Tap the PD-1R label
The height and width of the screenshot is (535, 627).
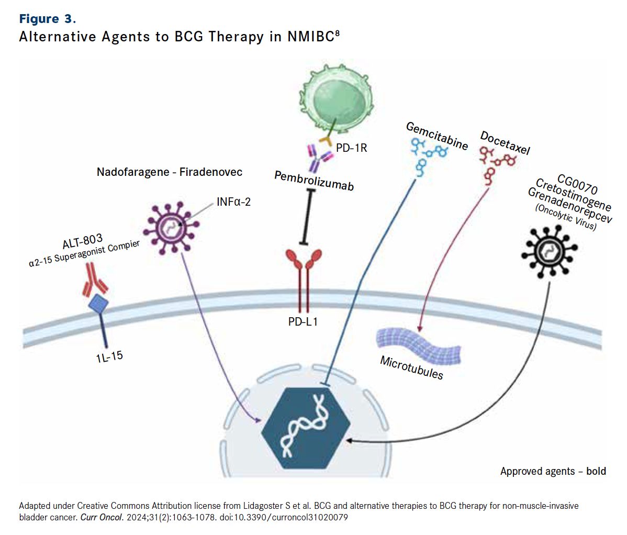point(351,148)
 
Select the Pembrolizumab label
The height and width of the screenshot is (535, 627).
point(313,180)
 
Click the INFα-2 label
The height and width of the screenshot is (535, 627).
point(233,202)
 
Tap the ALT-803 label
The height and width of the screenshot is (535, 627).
point(82,241)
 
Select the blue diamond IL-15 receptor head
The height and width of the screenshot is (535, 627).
point(98,304)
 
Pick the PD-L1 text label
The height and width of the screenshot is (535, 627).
point(303,321)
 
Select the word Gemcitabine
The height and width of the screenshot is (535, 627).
point(436,136)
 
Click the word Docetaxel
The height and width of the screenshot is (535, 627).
point(505,143)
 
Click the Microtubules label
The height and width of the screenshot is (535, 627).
point(411,367)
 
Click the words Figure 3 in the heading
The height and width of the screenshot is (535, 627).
point(47,19)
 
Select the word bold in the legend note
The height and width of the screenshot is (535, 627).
point(596,471)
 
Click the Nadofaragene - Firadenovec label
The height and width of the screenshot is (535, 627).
point(170,172)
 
